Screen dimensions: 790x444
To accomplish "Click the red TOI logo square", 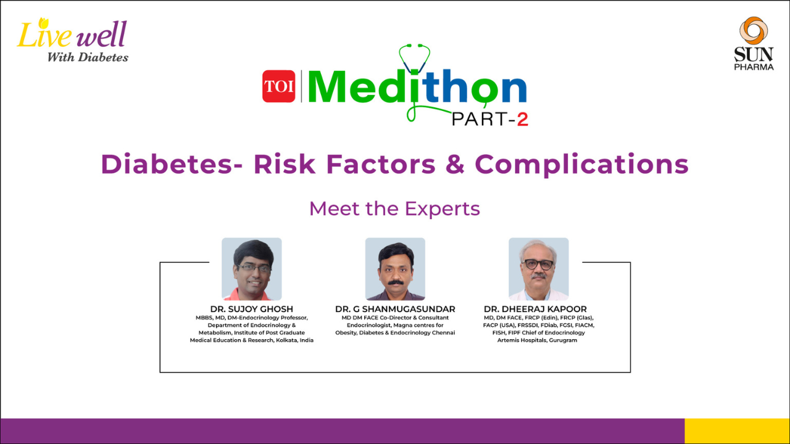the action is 278,86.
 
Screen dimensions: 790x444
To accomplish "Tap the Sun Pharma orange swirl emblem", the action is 754,30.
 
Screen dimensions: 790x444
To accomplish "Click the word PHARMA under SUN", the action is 754,67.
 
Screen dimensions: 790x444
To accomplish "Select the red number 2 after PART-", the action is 523,120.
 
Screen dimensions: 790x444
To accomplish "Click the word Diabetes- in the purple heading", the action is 172,164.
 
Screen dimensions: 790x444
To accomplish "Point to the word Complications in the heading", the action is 581,165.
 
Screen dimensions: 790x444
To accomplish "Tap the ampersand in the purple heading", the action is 455,164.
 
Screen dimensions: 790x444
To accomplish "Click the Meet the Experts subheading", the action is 394,208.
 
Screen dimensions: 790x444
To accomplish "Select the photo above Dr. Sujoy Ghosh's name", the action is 251,269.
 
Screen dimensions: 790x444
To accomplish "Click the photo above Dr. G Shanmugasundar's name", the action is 395,269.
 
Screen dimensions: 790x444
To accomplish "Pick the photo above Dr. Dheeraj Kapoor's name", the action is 539,269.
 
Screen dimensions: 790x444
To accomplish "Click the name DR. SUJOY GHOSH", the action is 251,309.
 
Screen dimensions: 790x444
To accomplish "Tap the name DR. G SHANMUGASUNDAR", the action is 395,309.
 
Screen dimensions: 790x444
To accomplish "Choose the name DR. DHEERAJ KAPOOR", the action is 535,309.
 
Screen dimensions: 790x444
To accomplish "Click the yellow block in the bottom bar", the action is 737,431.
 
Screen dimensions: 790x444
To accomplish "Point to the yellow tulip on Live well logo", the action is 43,23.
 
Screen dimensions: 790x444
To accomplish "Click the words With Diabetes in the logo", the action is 88,57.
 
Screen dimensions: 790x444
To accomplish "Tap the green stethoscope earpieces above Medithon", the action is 414,46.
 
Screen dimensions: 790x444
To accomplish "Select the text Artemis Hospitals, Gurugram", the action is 537,340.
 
